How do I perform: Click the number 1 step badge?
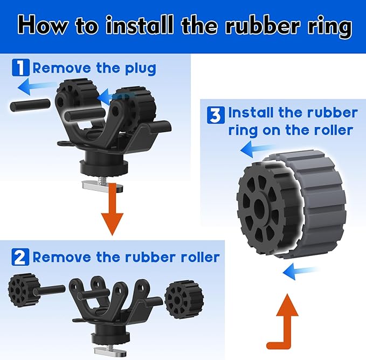21,67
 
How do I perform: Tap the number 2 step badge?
20,257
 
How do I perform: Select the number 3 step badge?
216,115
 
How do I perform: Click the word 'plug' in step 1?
141,68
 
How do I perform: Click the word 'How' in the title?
42,25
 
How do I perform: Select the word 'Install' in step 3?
251,113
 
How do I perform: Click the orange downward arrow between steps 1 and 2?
112,209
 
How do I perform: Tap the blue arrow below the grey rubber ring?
300,271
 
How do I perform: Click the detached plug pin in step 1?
30,105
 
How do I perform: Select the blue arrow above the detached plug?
36,87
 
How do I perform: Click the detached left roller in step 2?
23,288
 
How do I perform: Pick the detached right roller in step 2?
184,299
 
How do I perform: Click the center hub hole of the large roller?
260,206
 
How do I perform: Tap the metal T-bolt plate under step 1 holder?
103,186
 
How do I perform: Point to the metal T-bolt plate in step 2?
110,351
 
